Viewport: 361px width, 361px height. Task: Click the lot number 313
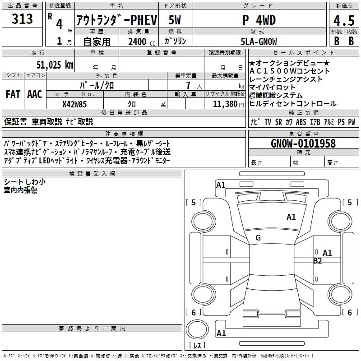tap(23, 19)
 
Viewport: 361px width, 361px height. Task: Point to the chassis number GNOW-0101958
tap(303, 143)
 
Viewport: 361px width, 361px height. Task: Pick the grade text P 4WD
tap(259, 20)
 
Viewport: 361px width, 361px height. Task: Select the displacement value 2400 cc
tap(139, 42)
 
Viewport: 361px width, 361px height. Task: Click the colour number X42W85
tap(74, 104)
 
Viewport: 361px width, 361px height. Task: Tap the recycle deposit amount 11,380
tap(223, 104)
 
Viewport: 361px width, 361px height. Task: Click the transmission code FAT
tap(13, 94)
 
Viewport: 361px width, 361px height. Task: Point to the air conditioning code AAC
tap(34, 94)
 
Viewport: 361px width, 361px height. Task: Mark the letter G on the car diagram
tap(258, 238)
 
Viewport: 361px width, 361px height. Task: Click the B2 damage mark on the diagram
tap(318, 260)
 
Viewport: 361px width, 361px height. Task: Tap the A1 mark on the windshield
tap(291, 217)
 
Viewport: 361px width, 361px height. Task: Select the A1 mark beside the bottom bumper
tap(221, 333)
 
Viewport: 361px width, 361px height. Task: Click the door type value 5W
tap(175, 20)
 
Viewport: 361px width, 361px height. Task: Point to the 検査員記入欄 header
tap(92, 173)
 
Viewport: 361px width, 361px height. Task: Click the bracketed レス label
tap(197, 346)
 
